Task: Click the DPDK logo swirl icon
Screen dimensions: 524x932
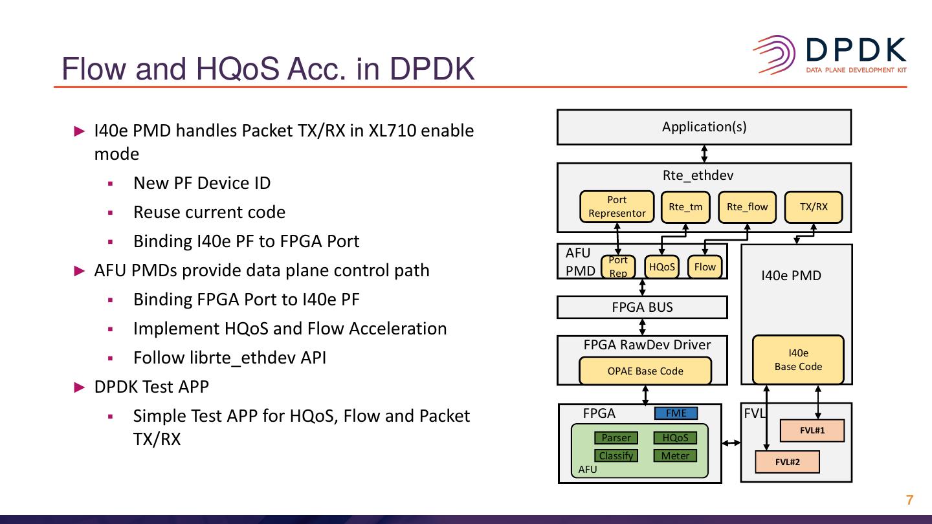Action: tap(774, 56)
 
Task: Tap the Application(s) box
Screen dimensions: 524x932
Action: tap(704, 127)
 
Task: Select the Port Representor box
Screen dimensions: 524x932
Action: tap(617, 206)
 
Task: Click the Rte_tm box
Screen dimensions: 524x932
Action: tap(685, 207)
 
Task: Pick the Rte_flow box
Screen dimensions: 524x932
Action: tap(747, 207)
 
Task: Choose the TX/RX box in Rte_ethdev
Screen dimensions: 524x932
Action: tap(813, 207)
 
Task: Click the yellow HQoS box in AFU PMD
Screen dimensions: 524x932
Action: tap(661, 267)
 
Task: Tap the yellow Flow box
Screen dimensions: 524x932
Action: tap(704, 267)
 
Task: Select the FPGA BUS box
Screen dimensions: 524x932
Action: tap(642, 307)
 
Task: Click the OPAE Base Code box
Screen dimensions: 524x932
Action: tap(645, 371)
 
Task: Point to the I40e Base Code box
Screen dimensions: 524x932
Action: tap(798, 360)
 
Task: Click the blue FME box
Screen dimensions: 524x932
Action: tap(676, 413)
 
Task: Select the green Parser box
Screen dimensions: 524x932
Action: tap(616, 438)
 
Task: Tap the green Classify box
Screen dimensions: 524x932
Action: tap(616, 455)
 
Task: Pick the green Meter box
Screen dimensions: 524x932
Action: tap(675, 455)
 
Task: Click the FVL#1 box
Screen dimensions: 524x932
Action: tap(812, 431)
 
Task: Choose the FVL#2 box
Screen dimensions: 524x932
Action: tap(787, 462)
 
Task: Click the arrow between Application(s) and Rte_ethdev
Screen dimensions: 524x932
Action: tap(704, 153)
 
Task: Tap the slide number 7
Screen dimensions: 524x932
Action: tap(909, 500)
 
